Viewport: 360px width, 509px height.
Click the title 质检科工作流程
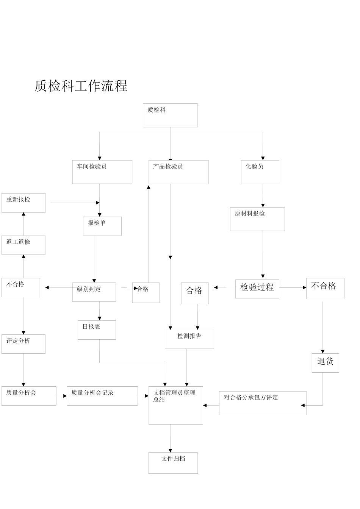pos(81,86)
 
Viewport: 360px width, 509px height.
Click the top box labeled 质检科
pos(170,115)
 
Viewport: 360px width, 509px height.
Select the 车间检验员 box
pos(102,172)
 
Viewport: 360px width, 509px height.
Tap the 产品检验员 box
pos(178,172)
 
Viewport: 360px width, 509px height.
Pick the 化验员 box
pos(260,172)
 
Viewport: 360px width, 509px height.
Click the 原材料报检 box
pos(257,219)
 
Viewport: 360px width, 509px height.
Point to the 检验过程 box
pos(257,289)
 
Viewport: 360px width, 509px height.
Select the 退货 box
pos(325,363)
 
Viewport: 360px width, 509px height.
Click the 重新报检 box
pos(23,203)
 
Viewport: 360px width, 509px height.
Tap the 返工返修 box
pos(23,245)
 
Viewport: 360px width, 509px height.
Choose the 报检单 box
pos(102,226)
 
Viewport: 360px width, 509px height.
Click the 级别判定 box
pos(94,292)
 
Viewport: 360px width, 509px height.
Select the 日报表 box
pos(97,330)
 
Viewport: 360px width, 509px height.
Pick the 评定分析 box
pos(23,344)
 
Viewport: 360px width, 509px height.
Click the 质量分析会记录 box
pos(102,396)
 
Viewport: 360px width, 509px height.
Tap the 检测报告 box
pos(189,339)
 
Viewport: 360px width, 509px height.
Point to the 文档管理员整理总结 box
pos(175,405)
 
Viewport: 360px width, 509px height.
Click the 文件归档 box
pos(173,463)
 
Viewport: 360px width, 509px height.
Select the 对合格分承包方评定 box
pos(263,403)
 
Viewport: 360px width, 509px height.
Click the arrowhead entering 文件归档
pos(170,450)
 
